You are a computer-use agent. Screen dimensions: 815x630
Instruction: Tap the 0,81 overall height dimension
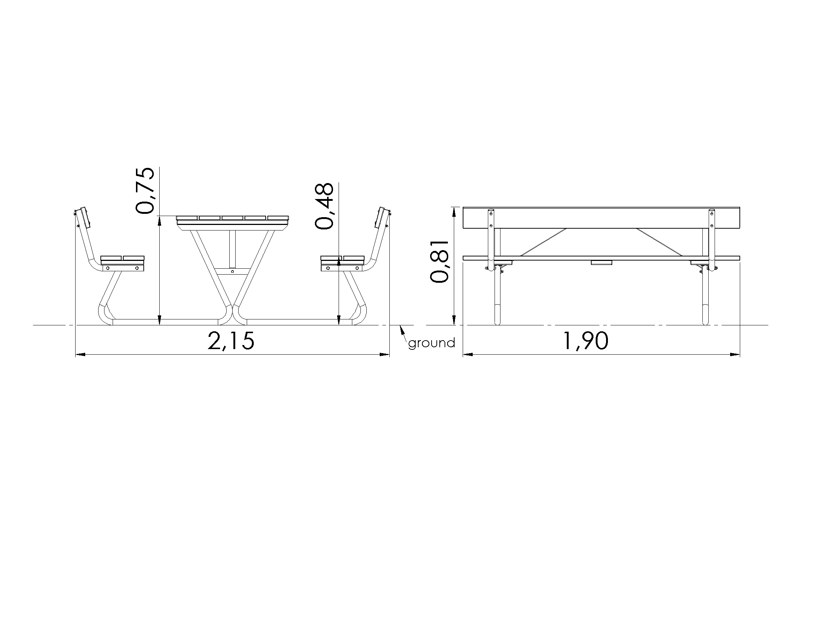(x=439, y=261)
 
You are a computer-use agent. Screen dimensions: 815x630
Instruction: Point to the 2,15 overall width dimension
(x=232, y=341)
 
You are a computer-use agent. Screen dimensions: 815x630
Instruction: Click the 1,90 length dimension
(x=585, y=341)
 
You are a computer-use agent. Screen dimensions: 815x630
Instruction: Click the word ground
(x=432, y=343)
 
